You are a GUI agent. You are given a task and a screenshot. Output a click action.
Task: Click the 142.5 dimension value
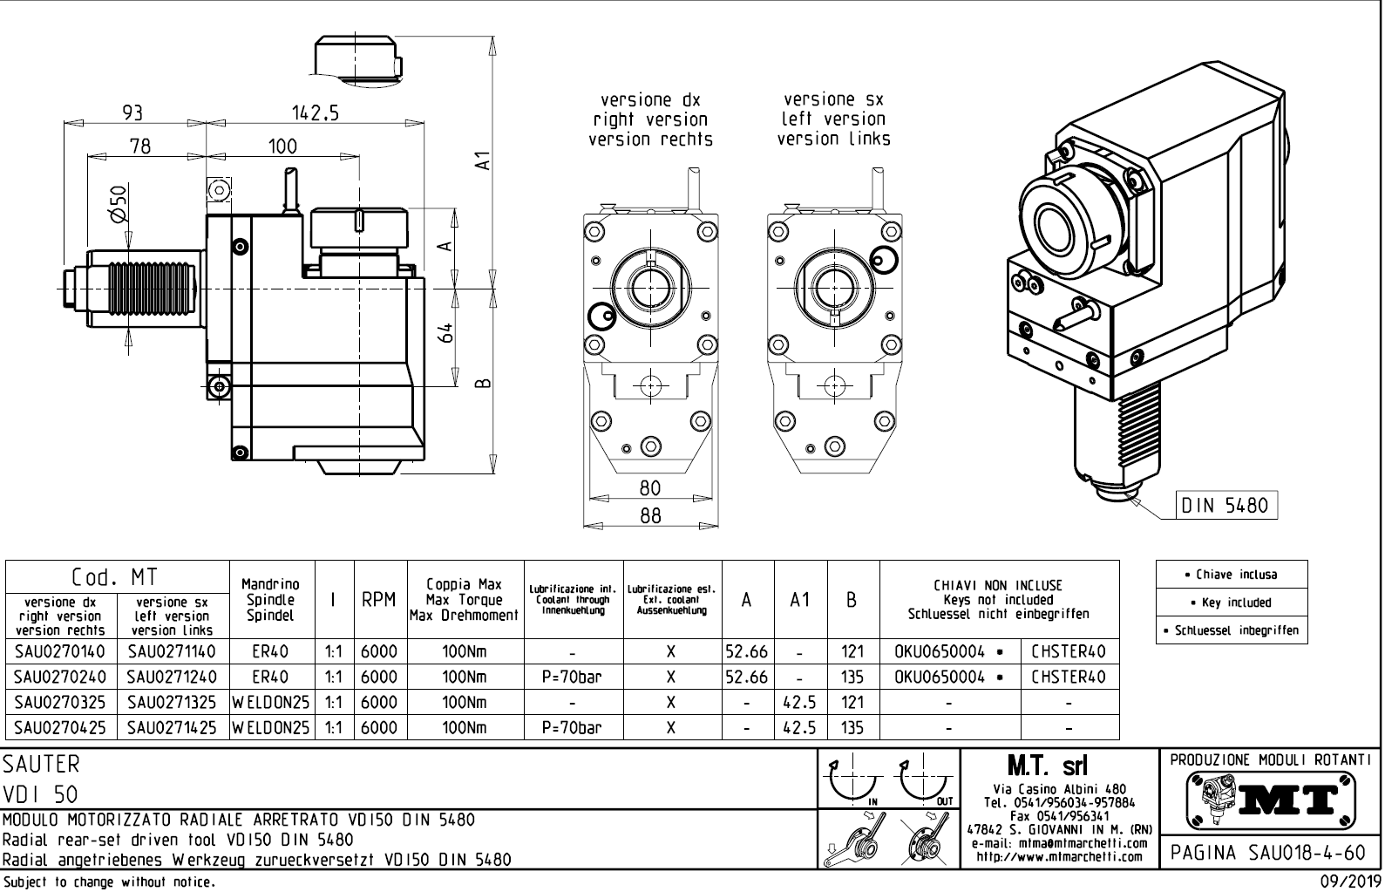point(316,112)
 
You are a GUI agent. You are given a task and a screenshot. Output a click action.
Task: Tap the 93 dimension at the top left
point(132,112)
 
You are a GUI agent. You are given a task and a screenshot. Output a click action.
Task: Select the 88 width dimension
point(650,515)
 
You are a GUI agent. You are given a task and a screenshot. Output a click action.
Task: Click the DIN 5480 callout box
point(1226,505)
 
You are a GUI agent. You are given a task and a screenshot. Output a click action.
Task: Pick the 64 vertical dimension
point(446,333)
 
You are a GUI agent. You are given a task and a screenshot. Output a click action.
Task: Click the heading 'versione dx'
point(650,100)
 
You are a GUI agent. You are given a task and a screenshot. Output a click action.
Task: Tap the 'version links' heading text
point(833,139)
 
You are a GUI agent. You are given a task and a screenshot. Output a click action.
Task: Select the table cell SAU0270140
point(59,651)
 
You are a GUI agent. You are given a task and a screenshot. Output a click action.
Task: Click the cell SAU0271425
point(171,727)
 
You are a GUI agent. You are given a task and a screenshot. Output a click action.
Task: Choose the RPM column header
point(379,600)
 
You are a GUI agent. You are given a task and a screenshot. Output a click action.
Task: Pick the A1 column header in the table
point(799,600)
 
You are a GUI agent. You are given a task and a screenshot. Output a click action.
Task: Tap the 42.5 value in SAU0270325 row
point(799,702)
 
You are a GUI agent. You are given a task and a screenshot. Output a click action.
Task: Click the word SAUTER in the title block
point(42,765)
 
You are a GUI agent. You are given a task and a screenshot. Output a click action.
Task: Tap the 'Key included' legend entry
point(1232,603)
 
